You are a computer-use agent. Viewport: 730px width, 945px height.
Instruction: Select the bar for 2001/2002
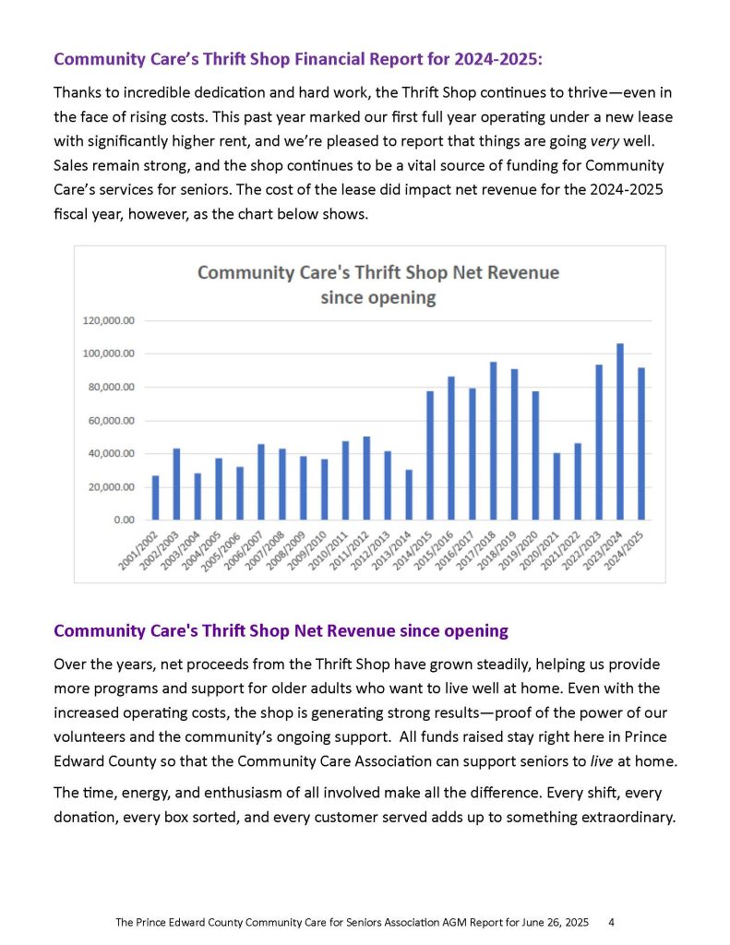[x=155, y=497]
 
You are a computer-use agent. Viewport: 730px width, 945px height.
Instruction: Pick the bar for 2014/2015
[x=430, y=456]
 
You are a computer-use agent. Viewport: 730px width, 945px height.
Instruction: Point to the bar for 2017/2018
[x=493, y=441]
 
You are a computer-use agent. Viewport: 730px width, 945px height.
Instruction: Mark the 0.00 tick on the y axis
[x=123, y=520]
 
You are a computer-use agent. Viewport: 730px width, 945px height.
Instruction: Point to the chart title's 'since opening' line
[x=377, y=298]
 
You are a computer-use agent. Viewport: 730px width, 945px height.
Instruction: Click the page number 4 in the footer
[x=612, y=922]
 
